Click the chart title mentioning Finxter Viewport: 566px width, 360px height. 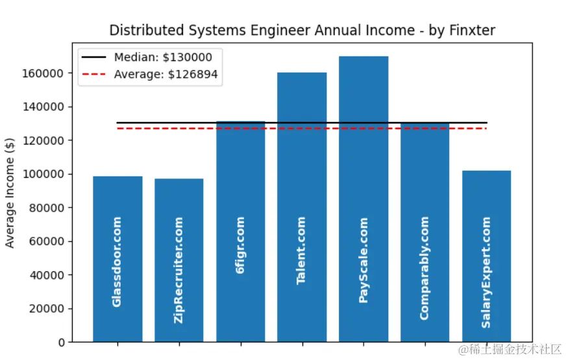point(302,30)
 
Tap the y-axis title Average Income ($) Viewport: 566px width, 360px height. point(10,192)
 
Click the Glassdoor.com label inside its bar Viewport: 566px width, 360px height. point(117,261)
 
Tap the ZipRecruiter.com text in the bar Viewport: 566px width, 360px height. point(178,270)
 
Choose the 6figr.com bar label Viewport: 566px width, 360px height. point(240,245)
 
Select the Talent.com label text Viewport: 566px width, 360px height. point(301,250)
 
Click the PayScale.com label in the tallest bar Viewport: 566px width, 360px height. point(363,259)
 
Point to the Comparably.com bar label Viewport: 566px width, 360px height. point(425,268)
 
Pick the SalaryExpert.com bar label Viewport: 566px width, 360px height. point(486,272)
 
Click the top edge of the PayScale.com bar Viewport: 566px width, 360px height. point(363,57)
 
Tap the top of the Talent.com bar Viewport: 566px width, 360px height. point(301,73)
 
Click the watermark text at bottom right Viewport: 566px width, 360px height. point(510,350)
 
